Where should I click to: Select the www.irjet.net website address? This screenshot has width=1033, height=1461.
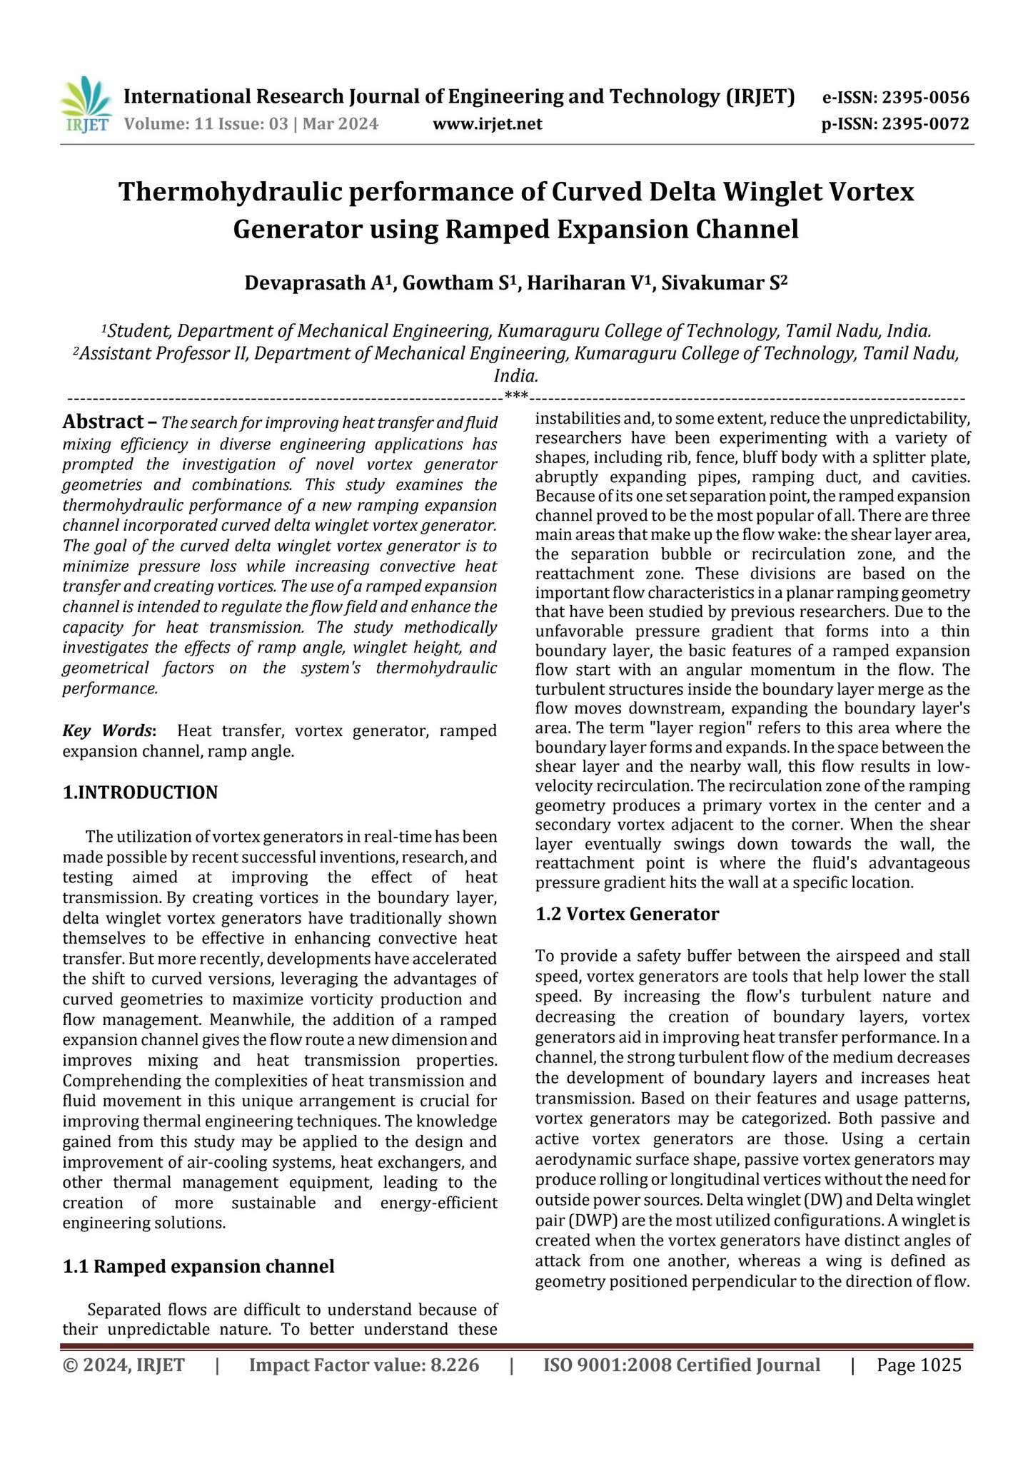tap(488, 124)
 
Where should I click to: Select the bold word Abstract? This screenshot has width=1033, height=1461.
tap(103, 422)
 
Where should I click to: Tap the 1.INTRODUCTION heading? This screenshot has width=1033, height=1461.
tap(140, 793)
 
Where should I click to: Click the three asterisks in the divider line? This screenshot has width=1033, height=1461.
tap(516, 396)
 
